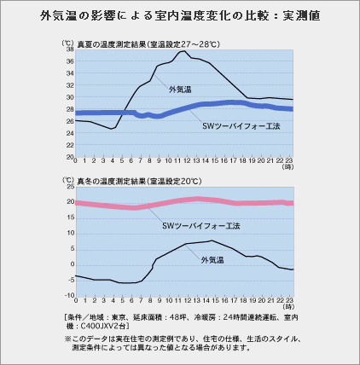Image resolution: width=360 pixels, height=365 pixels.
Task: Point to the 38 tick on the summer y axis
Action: coord(70,49)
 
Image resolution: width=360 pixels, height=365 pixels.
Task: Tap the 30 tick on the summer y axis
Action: coord(70,97)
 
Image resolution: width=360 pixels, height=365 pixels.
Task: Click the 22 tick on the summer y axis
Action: coord(70,145)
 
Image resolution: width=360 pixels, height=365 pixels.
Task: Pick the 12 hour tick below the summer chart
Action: coord(187,160)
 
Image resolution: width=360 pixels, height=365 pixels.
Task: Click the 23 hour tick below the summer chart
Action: coord(289,160)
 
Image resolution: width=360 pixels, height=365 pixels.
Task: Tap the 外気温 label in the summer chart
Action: coord(180,90)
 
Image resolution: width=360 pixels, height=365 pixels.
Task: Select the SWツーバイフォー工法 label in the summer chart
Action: coord(241,126)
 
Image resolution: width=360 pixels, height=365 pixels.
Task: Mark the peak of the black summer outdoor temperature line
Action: coord(184,51)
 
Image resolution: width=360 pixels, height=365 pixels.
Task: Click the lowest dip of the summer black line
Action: coord(112,129)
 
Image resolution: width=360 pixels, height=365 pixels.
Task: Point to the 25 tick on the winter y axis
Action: coord(71,187)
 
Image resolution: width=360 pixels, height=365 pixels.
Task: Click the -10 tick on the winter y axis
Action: coord(70,295)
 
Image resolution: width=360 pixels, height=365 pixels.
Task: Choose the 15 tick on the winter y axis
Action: coord(71,217)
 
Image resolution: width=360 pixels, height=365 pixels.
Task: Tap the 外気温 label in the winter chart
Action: coord(212,260)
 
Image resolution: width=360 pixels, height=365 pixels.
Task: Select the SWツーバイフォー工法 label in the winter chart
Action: coord(201,226)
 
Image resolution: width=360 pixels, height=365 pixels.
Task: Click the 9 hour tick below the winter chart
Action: coord(160,300)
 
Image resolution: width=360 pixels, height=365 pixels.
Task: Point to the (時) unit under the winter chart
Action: coord(288,307)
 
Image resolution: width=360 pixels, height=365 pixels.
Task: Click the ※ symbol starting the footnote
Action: coord(67,339)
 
